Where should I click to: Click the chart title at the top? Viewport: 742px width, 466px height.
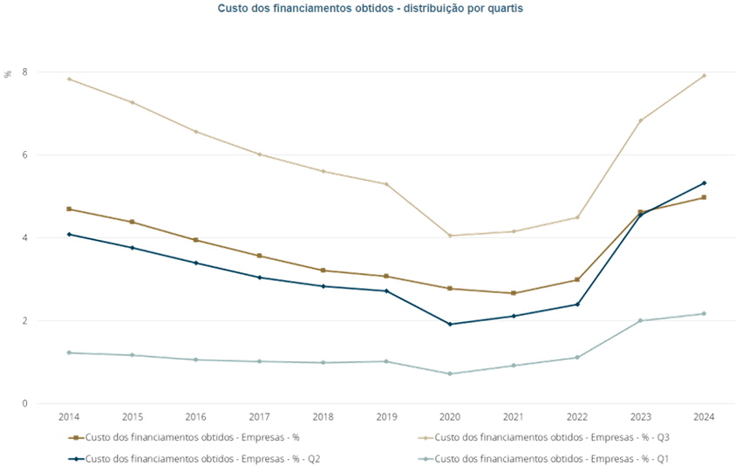(371, 8)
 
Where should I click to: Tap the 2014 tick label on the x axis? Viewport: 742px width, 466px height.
(69, 417)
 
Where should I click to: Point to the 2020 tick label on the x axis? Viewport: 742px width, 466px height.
(450, 417)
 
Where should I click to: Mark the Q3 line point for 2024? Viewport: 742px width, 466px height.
(705, 76)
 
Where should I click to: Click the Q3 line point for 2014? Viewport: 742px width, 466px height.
(69, 79)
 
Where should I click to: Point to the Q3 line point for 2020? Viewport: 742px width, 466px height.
(450, 235)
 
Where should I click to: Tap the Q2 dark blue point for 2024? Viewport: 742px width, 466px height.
(705, 182)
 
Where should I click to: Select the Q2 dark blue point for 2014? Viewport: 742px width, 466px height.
(69, 233)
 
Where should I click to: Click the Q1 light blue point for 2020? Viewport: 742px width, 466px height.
(450, 373)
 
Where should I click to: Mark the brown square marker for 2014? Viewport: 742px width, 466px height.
(69, 209)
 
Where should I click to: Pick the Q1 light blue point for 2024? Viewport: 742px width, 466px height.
(705, 313)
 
